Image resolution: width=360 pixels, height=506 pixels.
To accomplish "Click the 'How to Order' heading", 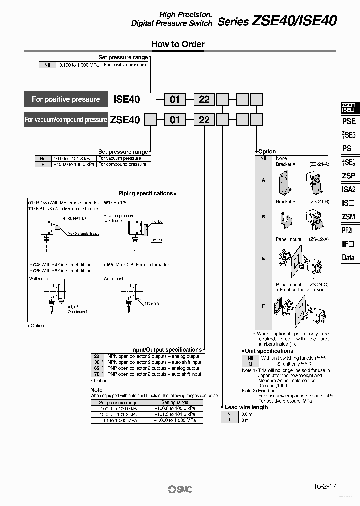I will [x=178, y=44].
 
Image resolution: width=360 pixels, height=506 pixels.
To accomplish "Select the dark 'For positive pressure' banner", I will [x=65, y=99].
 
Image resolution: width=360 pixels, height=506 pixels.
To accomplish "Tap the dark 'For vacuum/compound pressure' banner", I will [x=65, y=120].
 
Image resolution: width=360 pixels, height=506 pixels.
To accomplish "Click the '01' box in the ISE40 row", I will [x=174, y=99].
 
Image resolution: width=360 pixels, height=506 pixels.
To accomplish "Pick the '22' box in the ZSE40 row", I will [x=204, y=120].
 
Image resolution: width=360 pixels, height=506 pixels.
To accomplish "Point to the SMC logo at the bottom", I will [x=180, y=490].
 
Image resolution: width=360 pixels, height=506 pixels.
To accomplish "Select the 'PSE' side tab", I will [x=349, y=121].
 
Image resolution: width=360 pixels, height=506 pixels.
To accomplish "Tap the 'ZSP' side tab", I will [x=349, y=176].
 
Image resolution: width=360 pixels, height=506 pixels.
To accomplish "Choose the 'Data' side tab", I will [x=348, y=258].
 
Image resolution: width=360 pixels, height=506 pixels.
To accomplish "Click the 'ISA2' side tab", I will [x=349, y=189].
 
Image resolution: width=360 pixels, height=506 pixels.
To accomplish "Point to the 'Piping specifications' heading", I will [x=145, y=193].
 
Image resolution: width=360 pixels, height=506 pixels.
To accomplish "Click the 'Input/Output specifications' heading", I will [x=166, y=350].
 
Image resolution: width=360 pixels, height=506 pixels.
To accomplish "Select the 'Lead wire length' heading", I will [x=246, y=407].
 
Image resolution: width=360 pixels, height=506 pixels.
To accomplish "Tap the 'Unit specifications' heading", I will [x=269, y=351].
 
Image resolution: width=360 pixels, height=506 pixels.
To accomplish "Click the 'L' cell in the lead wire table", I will [x=230, y=420].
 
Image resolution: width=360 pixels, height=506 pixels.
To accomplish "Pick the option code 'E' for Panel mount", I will [x=263, y=258].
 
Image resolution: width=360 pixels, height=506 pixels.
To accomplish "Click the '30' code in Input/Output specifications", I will [x=97, y=362].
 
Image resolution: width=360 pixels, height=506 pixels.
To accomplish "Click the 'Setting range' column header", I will [x=175, y=402].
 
